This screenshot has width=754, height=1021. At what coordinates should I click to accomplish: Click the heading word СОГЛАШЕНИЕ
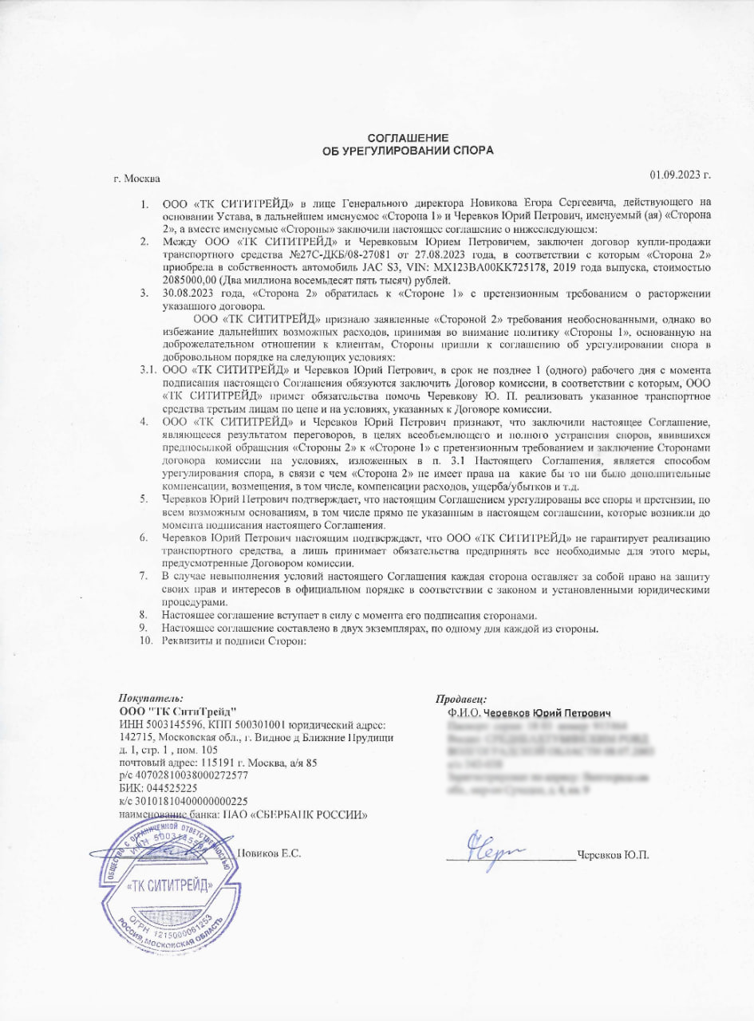click(408, 137)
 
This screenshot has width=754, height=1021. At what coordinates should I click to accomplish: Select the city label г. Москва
click(137, 178)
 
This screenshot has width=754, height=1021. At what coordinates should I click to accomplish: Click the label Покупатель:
click(151, 699)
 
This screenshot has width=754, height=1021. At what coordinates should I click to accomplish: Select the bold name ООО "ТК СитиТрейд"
click(177, 712)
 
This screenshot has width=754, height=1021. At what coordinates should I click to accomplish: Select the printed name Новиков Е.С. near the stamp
click(270, 853)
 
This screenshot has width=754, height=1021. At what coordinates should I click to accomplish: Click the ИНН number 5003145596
click(172, 724)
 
